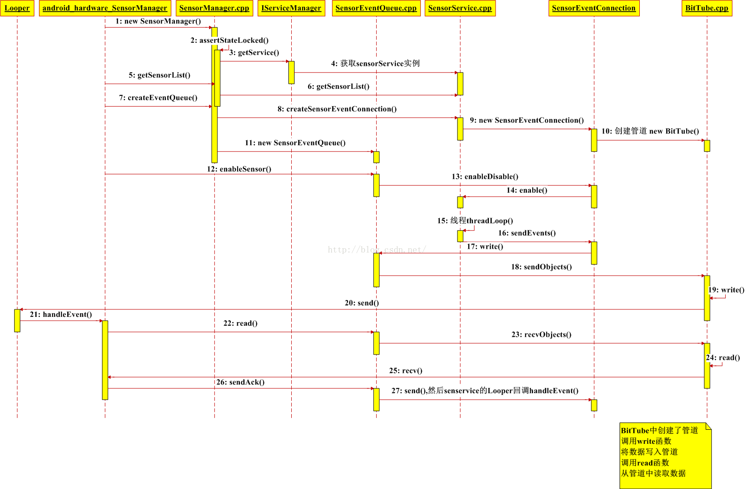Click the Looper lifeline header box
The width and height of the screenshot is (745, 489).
17,8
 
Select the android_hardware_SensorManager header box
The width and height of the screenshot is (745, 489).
105,8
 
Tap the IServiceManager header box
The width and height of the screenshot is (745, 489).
291,8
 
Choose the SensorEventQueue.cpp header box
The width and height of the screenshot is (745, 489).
376,8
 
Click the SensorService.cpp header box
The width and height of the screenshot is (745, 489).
460,8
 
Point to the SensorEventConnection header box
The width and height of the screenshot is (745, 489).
594,8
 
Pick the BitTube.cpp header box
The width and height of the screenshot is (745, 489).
706,8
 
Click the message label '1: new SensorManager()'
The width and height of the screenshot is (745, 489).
158,21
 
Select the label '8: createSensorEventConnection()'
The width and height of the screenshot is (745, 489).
337,109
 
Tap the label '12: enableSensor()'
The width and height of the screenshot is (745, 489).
239,169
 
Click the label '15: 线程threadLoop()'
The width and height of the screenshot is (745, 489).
475,221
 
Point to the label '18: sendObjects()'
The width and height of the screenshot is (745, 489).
541,267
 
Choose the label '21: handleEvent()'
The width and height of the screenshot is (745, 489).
61,315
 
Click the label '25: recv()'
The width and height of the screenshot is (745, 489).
405,371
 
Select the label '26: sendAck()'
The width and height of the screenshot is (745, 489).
240,382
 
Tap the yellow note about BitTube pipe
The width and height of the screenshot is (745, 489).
665,455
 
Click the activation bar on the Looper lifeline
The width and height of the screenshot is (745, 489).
17,320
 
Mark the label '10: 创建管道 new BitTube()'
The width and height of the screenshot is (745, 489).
650,131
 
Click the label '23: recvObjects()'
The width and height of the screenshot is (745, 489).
541,335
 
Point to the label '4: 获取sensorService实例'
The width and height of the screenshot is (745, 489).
375,63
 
